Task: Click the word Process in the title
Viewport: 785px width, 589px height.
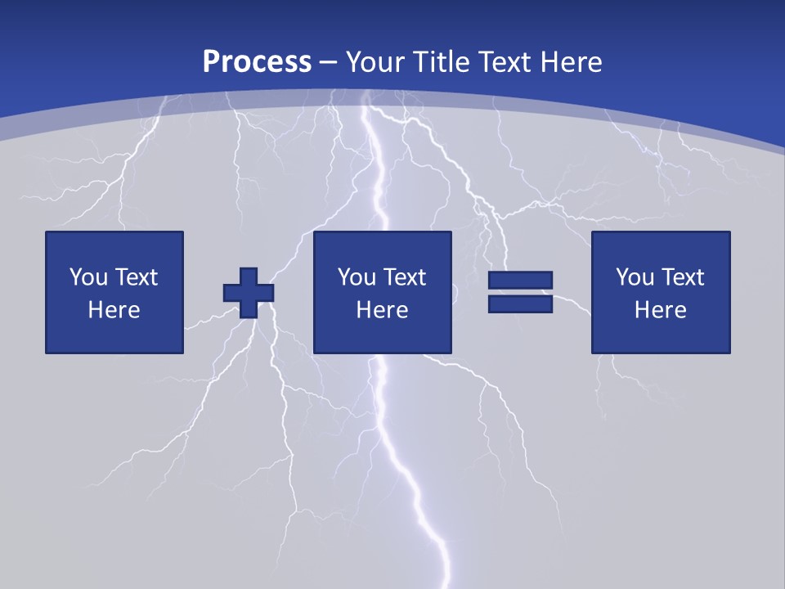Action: tap(257, 62)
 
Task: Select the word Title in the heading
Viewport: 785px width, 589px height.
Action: tap(442, 62)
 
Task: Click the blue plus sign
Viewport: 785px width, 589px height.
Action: tap(249, 292)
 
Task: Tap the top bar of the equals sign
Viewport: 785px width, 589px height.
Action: tap(520, 281)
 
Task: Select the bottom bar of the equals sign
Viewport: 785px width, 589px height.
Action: tap(520, 304)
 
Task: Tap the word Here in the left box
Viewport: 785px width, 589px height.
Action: tap(114, 310)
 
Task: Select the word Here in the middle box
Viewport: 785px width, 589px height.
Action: tap(382, 310)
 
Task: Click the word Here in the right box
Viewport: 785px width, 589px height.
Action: tap(660, 310)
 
